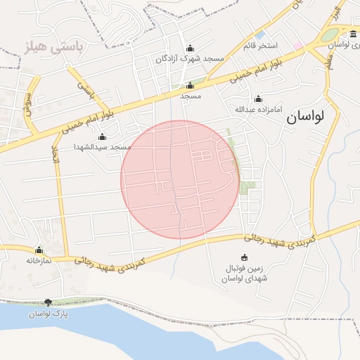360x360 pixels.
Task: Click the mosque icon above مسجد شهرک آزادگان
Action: tap(189, 49)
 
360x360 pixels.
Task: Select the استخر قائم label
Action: tap(260, 46)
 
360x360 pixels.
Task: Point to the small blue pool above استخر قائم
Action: tap(261, 34)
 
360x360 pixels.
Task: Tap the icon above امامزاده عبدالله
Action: tap(258, 99)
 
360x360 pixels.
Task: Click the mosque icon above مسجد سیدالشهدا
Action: tap(103, 137)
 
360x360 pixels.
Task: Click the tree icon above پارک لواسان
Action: tap(48, 302)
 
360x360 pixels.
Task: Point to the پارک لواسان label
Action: tap(48, 314)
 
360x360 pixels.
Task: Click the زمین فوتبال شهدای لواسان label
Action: tap(244, 274)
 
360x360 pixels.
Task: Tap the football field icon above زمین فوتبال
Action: tap(244, 257)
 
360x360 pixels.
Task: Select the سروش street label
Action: tap(29, 105)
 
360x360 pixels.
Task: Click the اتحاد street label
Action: tap(57, 154)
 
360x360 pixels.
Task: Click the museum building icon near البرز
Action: tap(353, 34)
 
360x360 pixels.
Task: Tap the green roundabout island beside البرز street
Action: tap(328, 34)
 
